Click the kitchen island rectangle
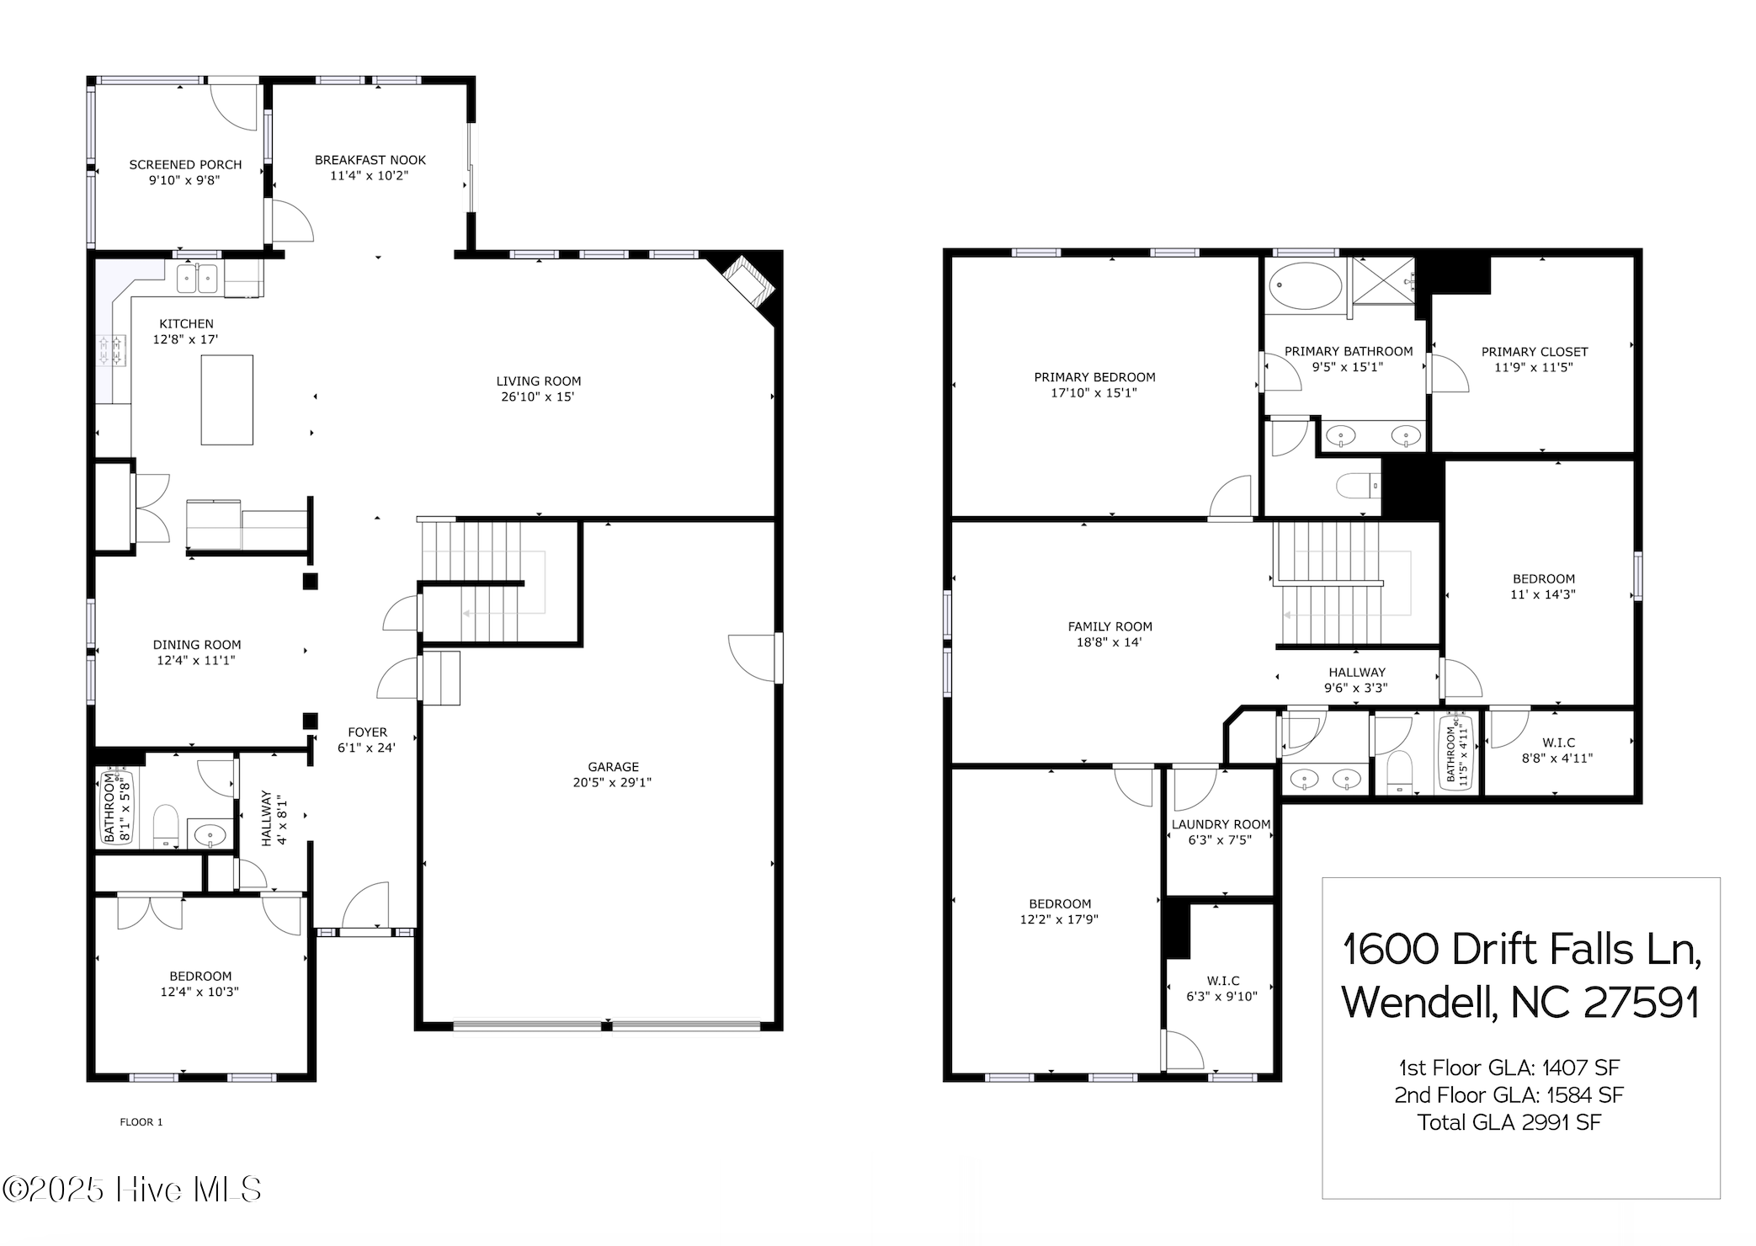point(226,400)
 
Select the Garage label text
point(613,766)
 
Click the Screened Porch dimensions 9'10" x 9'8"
point(184,180)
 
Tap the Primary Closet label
point(1534,352)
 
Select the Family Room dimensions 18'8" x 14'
point(1109,642)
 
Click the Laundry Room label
point(1221,824)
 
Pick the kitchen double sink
point(197,279)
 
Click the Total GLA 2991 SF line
point(1509,1122)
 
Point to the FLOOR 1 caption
point(141,1121)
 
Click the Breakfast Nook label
point(370,160)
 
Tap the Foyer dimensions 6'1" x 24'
point(366,748)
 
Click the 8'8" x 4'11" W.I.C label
point(1557,758)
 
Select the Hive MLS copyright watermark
point(132,1190)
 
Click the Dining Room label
point(197,645)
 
